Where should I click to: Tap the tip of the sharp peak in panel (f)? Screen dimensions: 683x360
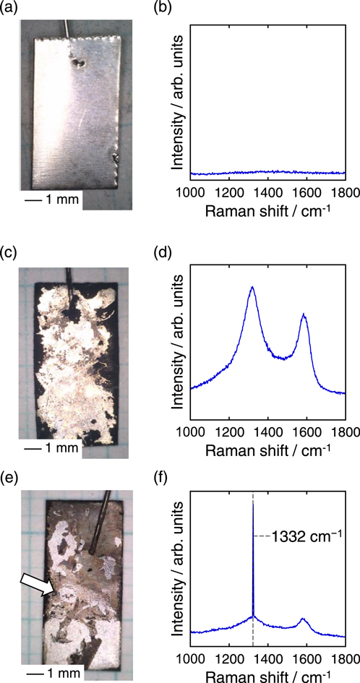253,502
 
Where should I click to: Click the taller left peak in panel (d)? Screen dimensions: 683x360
252,288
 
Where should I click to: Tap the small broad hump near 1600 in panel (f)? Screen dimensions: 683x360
303,619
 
